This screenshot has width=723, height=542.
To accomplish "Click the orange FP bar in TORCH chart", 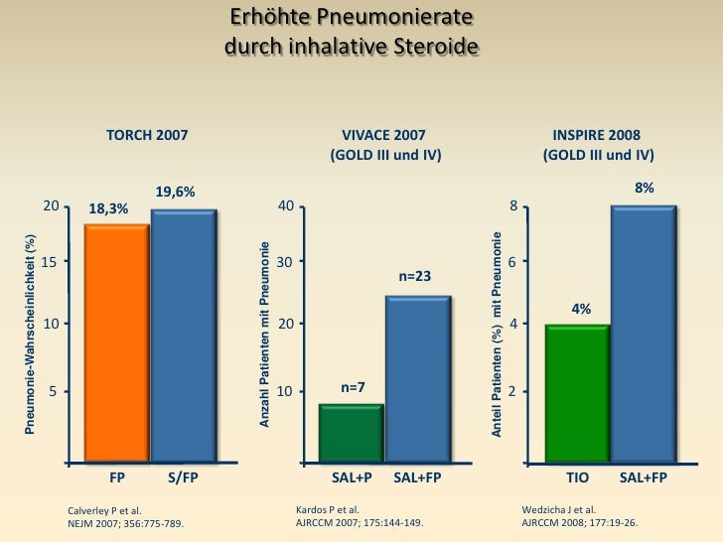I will click(116, 342).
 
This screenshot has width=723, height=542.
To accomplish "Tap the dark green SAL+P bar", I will click(351, 433).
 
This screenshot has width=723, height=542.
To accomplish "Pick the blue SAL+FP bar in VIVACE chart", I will click(417, 378).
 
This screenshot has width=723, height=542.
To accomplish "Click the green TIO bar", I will click(577, 393).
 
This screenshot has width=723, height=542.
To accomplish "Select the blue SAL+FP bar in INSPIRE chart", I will click(644, 334).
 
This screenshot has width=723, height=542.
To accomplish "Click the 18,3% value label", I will click(108, 209).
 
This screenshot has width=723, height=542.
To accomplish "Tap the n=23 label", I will click(414, 276).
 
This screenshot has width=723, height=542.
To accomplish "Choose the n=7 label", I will click(354, 387).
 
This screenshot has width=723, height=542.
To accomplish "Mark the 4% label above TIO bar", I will click(581, 309).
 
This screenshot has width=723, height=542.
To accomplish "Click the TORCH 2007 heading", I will click(147, 135).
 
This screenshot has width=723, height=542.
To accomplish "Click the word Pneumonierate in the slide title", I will click(393, 20).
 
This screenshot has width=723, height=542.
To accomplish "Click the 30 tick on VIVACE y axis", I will click(285, 262).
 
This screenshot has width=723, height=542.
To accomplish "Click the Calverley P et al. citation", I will click(102, 510).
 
